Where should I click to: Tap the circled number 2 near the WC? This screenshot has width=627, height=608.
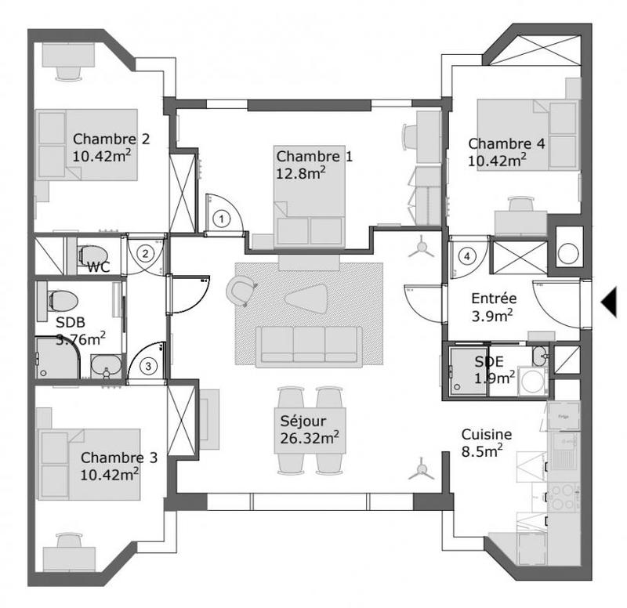145,252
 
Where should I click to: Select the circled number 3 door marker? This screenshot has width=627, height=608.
147,364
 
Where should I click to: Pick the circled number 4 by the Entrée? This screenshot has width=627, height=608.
467,255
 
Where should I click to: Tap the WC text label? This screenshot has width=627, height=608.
98,267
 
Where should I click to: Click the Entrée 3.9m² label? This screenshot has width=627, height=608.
492,306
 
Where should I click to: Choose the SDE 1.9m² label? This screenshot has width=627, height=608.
495,369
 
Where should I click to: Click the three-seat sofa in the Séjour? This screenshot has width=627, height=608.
309,344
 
